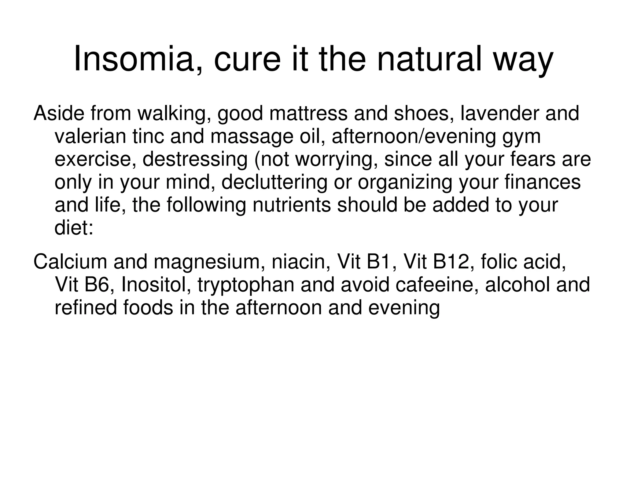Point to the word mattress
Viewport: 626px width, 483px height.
[x=308, y=113]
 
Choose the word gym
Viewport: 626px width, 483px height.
[x=521, y=137]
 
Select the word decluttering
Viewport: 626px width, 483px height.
[x=274, y=182]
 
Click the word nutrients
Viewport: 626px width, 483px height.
[x=292, y=205]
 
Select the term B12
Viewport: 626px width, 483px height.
[x=451, y=262]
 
